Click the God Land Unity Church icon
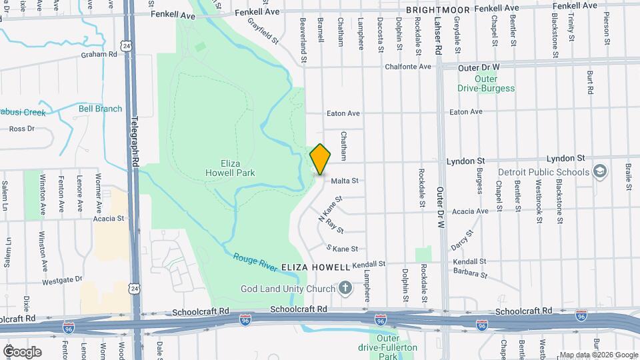tap(344, 288)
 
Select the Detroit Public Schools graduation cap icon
tap(600, 172)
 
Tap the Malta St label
tap(345, 181)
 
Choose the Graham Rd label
tap(99, 55)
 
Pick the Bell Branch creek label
tap(100, 109)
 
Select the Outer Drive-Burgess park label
tap(486, 83)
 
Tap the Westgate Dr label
tap(61, 281)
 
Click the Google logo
tap(22, 351)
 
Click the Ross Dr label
tap(21, 129)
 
